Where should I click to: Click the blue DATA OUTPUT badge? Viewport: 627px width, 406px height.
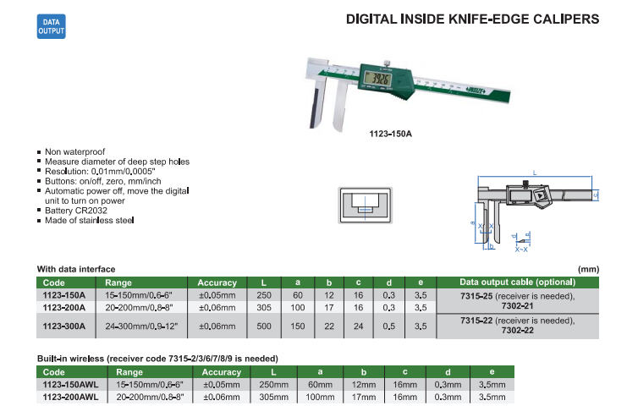(50, 25)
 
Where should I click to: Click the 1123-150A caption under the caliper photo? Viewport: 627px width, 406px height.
(390, 133)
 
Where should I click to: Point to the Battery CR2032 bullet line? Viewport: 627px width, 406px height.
(77, 210)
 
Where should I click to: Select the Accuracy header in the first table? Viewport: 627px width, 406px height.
(217, 283)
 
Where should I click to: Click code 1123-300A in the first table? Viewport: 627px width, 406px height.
(63, 325)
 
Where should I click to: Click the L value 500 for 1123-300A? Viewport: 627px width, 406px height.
(265, 325)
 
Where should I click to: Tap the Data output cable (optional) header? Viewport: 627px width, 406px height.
(517, 283)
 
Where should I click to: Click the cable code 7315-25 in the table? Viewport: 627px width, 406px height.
(476, 295)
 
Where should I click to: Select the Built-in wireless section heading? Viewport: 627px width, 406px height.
(157, 359)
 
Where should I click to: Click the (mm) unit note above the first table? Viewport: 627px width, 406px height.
(587, 269)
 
